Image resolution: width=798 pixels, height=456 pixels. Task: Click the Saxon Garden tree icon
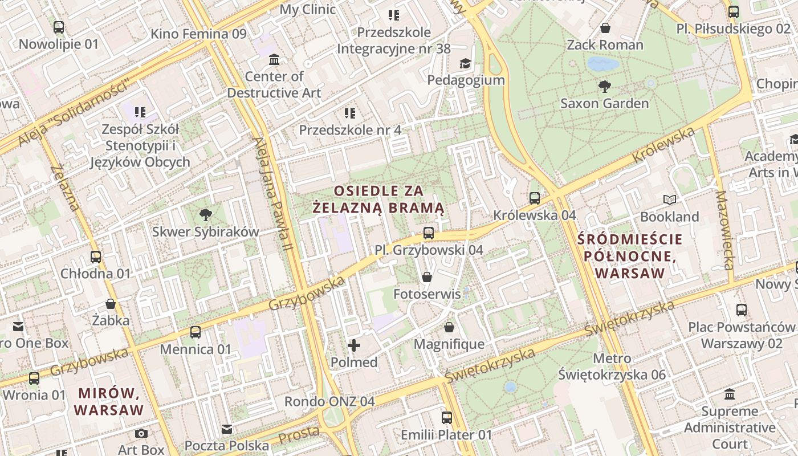(605, 87)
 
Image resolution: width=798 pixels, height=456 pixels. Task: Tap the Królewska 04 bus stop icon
(534, 198)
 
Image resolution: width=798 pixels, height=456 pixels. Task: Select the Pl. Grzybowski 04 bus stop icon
(429, 233)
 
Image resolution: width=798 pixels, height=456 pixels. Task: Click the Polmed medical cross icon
(354, 345)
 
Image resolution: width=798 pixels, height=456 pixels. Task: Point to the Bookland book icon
(670, 199)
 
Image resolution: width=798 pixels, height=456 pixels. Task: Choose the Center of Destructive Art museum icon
(274, 59)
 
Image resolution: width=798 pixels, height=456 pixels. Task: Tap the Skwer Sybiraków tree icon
(205, 215)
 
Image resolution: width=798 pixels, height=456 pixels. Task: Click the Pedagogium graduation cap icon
(466, 63)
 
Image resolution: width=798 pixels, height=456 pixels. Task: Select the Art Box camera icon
(141, 434)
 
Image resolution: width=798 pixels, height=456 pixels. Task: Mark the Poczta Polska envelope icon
(227, 429)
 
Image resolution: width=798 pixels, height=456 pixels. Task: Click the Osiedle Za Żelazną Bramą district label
(379, 199)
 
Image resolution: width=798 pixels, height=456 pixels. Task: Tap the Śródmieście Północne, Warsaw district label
(629, 255)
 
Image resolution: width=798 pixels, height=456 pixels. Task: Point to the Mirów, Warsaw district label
(108, 401)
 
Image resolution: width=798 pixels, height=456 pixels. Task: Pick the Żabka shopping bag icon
(111, 304)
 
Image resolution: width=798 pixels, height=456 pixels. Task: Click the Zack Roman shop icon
(605, 28)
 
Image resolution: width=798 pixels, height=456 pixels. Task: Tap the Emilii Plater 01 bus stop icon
(446, 418)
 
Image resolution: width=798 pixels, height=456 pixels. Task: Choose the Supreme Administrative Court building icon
(730, 394)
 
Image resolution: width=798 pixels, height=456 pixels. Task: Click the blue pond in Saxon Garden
(603, 63)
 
